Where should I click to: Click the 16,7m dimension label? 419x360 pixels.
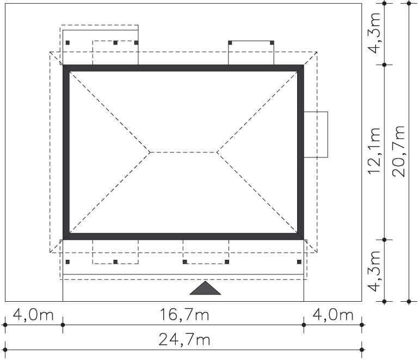pyautogui.click(x=184, y=315)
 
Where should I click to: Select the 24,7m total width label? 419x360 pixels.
pyautogui.click(x=184, y=339)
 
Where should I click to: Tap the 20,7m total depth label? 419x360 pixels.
pyautogui.click(x=398, y=151)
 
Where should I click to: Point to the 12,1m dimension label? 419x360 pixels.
pyautogui.click(x=374, y=151)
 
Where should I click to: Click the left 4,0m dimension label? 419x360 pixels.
pyautogui.click(x=33, y=315)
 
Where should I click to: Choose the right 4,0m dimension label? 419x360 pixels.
pyautogui.click(x=333, y=315)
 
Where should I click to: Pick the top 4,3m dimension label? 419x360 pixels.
pyautogui.click(x=374, y=33)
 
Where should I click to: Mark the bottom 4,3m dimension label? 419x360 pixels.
pyautogui.click(x=374, y=271)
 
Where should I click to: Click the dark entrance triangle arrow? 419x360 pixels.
pyautogui.click(x=205, y=288)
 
